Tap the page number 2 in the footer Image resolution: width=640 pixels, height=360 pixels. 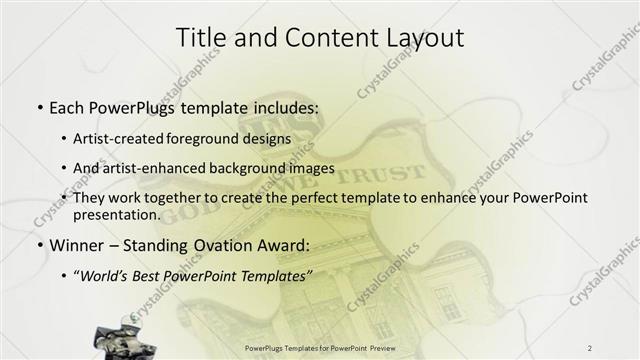tap(589, 347)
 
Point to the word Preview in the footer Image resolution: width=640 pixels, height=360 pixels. tap(389, 347)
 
